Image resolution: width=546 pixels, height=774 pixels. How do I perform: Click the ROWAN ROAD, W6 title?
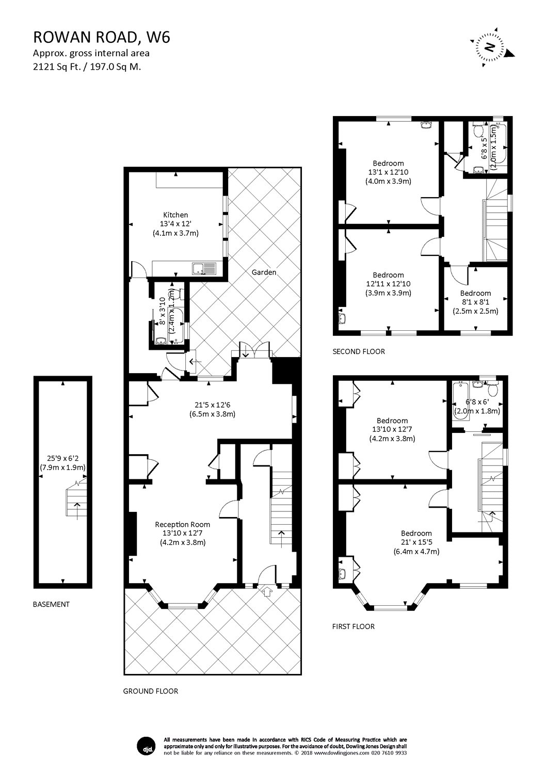click(x=101, y=37)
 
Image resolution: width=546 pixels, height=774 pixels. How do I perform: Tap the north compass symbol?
click(x=490, y=48)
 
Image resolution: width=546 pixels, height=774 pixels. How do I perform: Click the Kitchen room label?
click(x=175, y=215)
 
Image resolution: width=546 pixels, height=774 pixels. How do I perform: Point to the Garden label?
click(x=264, y=272)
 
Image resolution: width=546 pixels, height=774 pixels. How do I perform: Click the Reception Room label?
click(x=183, y=524)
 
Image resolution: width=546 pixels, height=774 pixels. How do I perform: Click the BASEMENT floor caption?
click(x=51, y=604)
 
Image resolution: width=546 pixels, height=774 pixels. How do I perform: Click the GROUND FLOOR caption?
click(x=150, y=691)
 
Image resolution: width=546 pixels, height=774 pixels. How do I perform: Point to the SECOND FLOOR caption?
click(x=359, y=351)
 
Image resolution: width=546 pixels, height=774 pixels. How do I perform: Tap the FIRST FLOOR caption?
click(x=353, y=626)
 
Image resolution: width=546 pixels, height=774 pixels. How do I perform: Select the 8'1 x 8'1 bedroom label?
click(x=475, y=302)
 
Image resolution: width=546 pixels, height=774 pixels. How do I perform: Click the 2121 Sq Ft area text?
click(x=87, y=66)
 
